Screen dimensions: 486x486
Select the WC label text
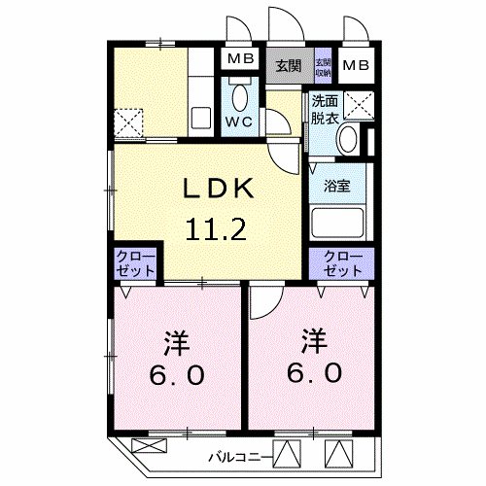(x=239, y=121)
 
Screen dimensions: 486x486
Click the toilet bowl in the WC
(x=241, y=98)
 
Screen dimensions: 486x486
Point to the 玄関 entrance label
(x=287, y=66)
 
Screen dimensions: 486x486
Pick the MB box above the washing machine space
(x=355, y=66)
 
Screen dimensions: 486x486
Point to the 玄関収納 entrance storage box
(x=322, y=65)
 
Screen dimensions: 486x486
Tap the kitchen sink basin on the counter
(x=202, y=119)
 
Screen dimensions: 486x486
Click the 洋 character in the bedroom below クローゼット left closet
(x=176, y=343)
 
